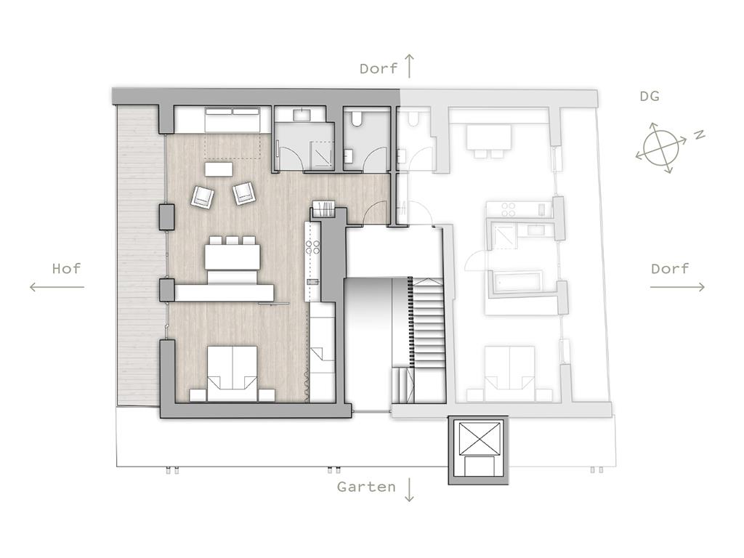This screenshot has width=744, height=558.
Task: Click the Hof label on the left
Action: coord(66,269)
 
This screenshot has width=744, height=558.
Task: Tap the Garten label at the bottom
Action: coord(366,487)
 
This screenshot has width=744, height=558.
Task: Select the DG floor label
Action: coord(650,97)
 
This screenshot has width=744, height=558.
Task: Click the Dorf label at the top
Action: coord(378,68)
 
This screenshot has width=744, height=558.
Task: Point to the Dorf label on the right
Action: coord(669,269)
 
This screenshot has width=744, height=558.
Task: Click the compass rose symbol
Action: coord(661,147)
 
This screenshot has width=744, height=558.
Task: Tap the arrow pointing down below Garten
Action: coord(409,490)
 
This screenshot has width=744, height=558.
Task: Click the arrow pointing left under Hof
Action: coord(57,286)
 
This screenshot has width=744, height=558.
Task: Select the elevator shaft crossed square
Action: coord(478,437)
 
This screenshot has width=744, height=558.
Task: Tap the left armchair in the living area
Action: coord(203,196)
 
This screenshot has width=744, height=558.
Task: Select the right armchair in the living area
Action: coord(244,193)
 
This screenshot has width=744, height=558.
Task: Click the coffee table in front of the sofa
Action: coord(219,169)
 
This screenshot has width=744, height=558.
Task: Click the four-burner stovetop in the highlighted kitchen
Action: coord(312,247)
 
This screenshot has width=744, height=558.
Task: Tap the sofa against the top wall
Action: coord(232,120)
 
